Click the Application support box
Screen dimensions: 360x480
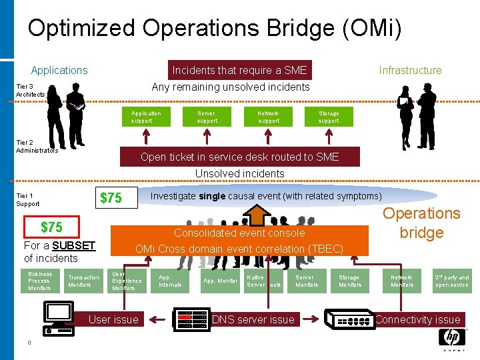(x=145, y=117)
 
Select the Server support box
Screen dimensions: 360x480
(x=207, y=117)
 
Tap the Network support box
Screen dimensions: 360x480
(x=269, y=117)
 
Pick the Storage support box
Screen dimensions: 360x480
(x=329, y=117)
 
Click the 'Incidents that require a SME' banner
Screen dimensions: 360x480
(x=239, y=70)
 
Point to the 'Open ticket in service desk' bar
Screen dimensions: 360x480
(x=239, y=157)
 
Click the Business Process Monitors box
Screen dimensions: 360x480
(x=40, y=281)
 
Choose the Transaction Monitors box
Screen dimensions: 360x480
(x=84, y=281)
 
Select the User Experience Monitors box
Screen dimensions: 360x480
(x=127, y=281)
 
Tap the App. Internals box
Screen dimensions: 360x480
(x=170, y=281)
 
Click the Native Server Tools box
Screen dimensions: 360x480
(x=264, y=281)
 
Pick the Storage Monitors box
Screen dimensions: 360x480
(x=349, y=281)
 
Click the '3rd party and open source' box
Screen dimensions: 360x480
(x=452, y=281)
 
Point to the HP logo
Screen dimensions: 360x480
(x=451, y=337)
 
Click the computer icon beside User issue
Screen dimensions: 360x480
(x=61, y=317)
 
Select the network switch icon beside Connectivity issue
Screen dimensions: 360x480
(x=350, y=319)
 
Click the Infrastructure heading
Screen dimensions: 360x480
(x=410, y=70)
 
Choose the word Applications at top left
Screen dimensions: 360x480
(x=59, y=70)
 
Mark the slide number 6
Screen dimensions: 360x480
(x=30, y=343)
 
